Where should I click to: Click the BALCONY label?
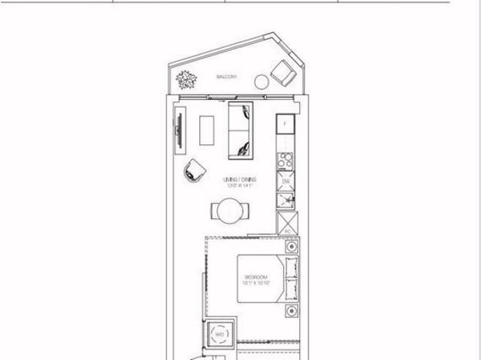tap(228, 77)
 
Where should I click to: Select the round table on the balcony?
tap(262, 82)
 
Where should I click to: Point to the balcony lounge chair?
tap(284, 73)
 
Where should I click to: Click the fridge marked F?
tap(286, 125)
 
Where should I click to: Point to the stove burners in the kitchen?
tap(286, 160)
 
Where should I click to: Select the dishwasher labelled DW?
tap(286, 181)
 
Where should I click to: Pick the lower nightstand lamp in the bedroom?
tap(289, 310)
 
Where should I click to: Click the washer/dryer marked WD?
tap(221, 334)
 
